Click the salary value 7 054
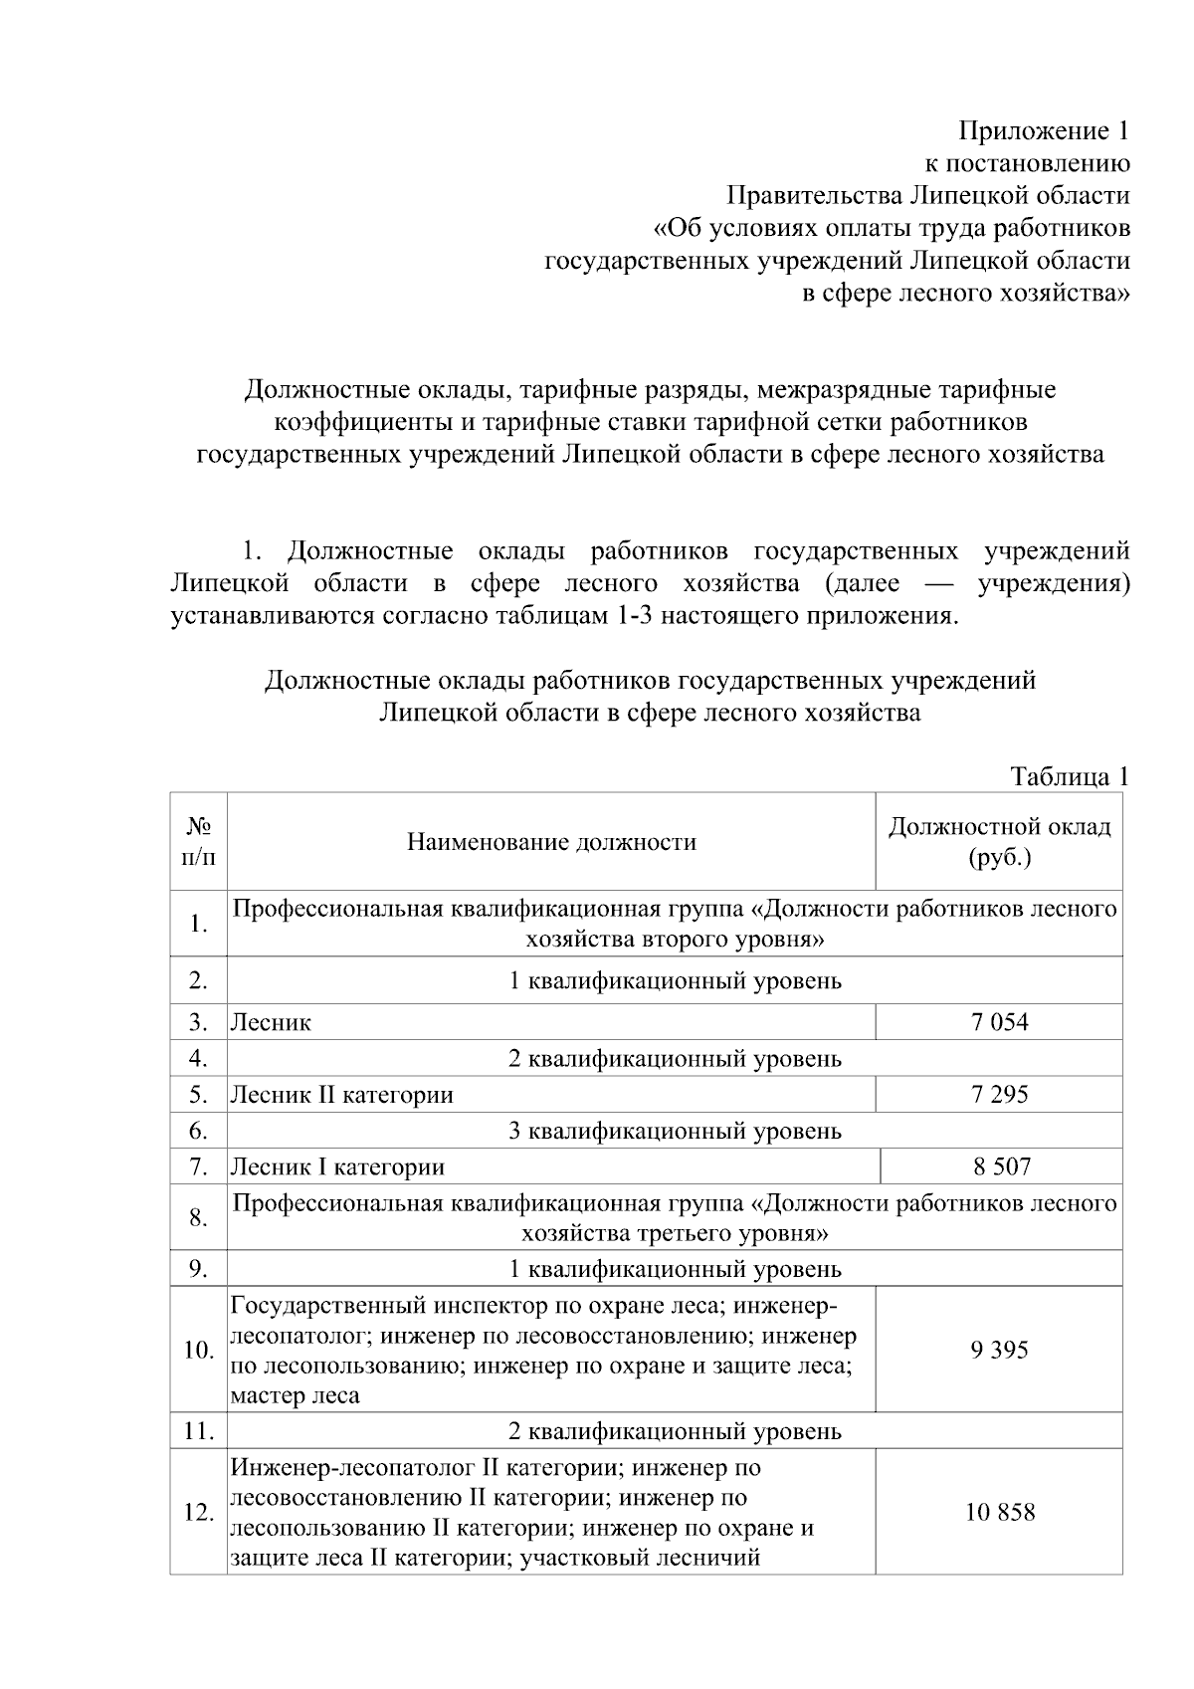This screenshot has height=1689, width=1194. [x=1000, y=1022]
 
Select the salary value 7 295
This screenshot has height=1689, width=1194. [x=1000, y=1095]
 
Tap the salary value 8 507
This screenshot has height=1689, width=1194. [x=1002, y=1166]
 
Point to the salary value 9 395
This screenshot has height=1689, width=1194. [x=1000, y=1350]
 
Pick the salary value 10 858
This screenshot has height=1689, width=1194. [x=1000, y=1512]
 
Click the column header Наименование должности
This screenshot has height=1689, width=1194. [x=551, y=842]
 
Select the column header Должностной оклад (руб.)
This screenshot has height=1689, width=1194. [x=1000, y=841]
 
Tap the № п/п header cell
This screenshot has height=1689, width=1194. [x=198, y=841]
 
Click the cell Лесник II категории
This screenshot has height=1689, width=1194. [x=341, y=1095]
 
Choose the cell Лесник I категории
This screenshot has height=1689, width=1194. [x=337, y=1166]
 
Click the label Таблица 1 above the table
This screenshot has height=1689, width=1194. [x=1070, y=776]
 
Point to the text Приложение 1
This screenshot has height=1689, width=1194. [x=1044, y=130]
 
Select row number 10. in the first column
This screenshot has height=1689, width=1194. [x=198, y=1350]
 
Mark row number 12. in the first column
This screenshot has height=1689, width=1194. [x=198, y=1512]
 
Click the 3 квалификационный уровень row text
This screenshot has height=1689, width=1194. [x=675, y=1131]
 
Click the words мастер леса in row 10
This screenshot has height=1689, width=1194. [x=295, y=1395]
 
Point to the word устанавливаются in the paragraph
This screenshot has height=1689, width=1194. [x=272, y=615]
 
